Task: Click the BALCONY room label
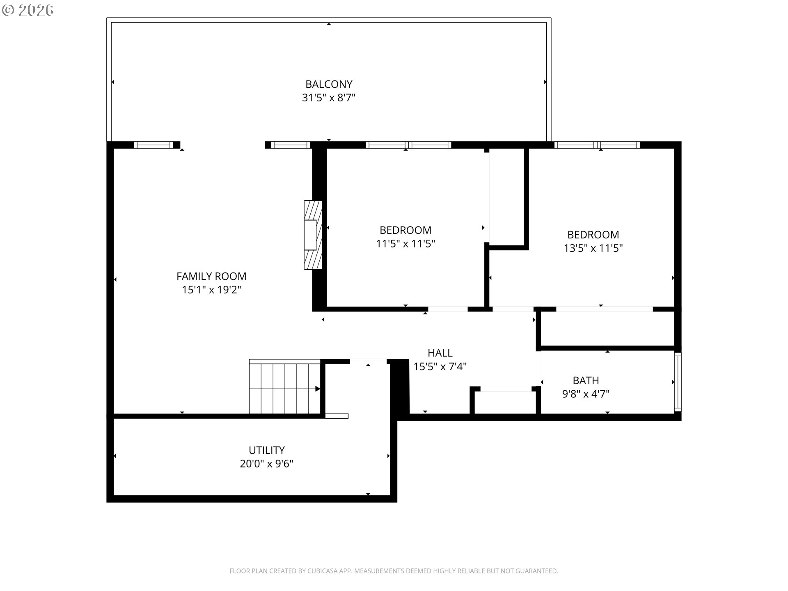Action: pyautogui.click(x=329, y=84)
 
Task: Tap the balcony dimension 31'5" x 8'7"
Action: pyautogui.click(x=329, y=98)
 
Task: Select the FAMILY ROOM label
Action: pyautogui.click(x=211, y=276)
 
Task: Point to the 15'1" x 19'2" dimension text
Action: pyautogui.click(x=211, y=290)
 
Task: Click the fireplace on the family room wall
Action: pyautogui.click(x=313, y=235)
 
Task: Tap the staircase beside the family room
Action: pyautogui.click(x=285, y=387)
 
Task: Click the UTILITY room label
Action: pyautogui.click(x=267, y=450)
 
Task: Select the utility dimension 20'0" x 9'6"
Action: pyautogui.click(x=267, y=464)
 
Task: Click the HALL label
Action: pyautogui.click(x=440, y=353)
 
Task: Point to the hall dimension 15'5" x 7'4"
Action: pyautogui.click(x=440, y=367)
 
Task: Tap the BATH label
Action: pyautogui.click(x=586, y=380)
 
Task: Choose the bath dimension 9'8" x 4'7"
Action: pyautogui.click(x=586, y=394)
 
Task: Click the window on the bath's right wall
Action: pyautogui.click(x=678, y=382)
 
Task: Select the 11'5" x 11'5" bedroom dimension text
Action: pyautogui.click(x=405, y=244)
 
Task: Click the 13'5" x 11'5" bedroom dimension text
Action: pyautogui.click(x=593, y=248)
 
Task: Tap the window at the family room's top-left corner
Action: pyautogui.click(x=153, y=145)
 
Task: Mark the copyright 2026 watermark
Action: pyautogui.click(x=28, y=10)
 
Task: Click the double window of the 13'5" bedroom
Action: pyautogui.click(x=597, y=145)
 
